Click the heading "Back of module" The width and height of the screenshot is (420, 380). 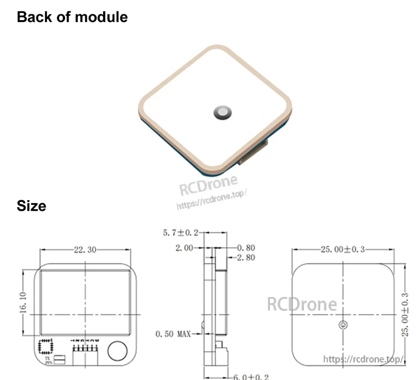click(x=72, y=17)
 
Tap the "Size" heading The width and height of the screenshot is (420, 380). click(x=32, y=206)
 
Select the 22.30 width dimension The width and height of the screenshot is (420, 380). click(x=85, y=249)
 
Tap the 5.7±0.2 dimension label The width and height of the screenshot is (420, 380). click(x=180, y=233)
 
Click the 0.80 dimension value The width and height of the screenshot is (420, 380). click(x=246, y=248)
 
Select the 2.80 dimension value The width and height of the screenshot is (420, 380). click(x=246, y=258)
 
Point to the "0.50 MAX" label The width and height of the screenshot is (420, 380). click(x=173, y=333)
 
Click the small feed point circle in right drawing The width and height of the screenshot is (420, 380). click(x=342, y=325)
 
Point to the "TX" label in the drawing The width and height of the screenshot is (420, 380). click(x=47, y=358)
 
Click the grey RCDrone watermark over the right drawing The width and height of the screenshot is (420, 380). click(x=302, y=304)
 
